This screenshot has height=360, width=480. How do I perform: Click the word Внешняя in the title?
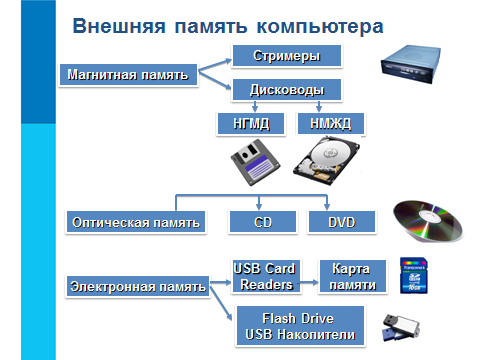pos(119,26)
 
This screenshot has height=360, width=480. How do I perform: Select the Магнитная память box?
pos(128,75)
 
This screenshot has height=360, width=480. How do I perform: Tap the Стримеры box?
pos(287,56)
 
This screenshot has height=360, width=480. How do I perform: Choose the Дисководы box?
pos(287,90)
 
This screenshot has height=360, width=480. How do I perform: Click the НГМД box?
pos(251,124)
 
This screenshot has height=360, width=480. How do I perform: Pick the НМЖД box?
pos(331,124)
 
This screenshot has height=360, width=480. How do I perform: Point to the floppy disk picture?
pos(255,162)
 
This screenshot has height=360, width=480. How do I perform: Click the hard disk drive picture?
pos(327,162)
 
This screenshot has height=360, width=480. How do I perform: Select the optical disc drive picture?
pos(411,64)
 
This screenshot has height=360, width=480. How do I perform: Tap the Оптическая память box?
pos(136,222)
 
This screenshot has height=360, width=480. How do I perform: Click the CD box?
pos(263,222)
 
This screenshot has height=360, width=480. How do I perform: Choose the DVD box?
pos(342,222)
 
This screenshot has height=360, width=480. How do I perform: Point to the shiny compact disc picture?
pos(428,221)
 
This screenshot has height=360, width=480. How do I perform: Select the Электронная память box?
pos(138,286)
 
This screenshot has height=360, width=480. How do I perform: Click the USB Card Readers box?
pos(266,277)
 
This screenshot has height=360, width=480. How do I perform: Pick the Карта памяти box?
pos(353,277)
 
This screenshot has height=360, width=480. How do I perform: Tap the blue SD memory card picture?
pos(413,276)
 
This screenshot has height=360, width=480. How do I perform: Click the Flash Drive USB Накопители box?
pos(300,326)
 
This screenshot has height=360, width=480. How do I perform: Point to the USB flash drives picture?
pos(401,328)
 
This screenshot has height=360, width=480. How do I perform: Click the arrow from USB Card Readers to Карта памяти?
pos(309,282)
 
